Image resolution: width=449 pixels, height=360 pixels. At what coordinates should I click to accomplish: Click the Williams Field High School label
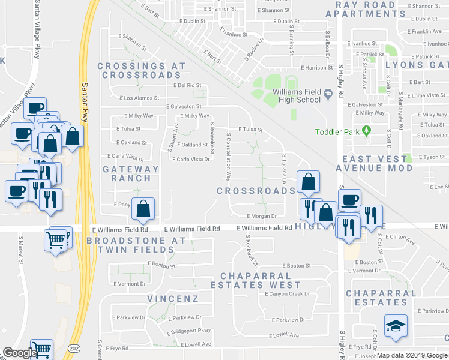[292, 95]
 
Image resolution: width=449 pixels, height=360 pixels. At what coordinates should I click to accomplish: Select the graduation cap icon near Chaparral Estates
[396, 325]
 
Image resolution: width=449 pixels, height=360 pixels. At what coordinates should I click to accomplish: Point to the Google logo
[20, 353]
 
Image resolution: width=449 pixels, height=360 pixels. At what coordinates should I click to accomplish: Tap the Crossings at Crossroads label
[141, 71]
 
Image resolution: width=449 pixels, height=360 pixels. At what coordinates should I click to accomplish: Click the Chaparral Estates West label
[260, 280]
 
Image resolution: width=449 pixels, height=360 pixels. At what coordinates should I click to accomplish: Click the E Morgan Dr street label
[261, 216]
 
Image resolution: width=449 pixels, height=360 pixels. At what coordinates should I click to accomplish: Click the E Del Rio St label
[187, 85]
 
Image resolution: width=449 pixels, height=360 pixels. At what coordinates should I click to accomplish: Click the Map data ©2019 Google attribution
[412, 355]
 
